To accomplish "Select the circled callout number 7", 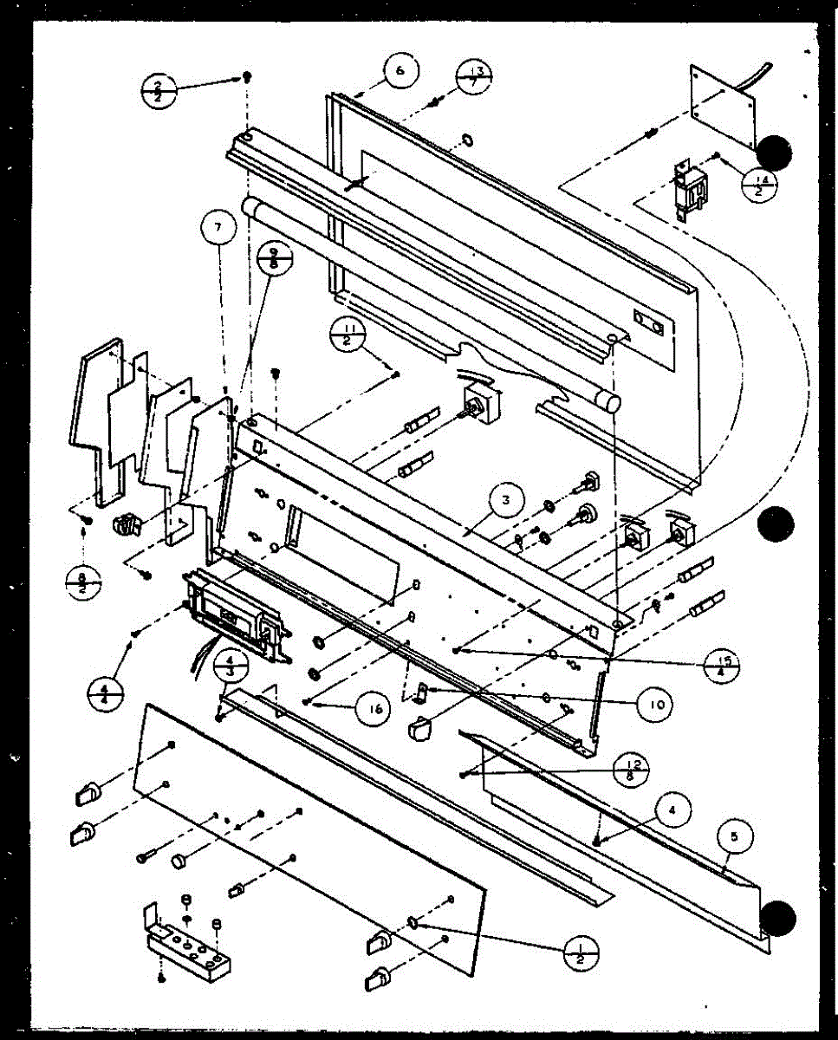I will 218,228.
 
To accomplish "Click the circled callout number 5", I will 735,838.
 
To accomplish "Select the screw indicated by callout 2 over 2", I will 246,78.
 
